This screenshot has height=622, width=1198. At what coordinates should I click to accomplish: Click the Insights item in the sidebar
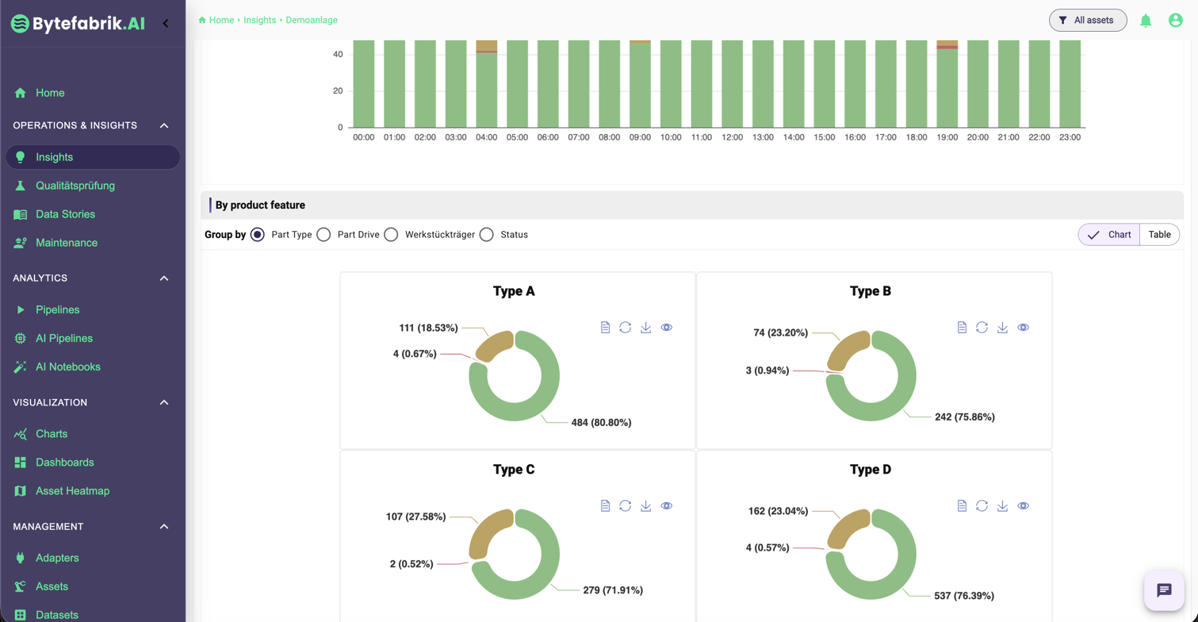click(54, 157)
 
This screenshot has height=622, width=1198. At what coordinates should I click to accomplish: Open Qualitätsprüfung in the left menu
click(75, 186)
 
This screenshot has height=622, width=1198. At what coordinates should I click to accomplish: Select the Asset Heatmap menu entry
click(72, 491)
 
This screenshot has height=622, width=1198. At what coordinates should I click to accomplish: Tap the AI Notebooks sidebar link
click(67, 367)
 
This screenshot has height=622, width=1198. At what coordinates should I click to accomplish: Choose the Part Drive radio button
click(323, 235)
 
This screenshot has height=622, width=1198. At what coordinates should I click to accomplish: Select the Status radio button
click(487, 235)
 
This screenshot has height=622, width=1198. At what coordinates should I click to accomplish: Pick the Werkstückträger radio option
click(391, 235)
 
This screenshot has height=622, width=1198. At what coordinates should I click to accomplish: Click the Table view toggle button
click(1159, 235)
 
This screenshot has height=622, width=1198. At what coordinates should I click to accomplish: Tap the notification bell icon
click(1146, 21)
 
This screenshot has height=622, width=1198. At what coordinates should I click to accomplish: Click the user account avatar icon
click(1176, 21)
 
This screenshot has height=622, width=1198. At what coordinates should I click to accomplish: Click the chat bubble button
click(1164, 590)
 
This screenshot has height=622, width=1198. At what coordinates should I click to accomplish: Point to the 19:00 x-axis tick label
click(947, 137)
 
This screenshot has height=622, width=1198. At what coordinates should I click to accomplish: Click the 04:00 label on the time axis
click(486, 137)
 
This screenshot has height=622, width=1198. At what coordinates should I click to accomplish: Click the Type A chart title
click(514, 291)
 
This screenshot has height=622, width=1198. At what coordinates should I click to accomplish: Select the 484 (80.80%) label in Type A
click(601, 423)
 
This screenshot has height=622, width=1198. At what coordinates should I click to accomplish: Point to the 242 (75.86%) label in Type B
click(964, 417)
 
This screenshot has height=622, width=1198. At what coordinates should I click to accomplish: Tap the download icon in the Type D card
click(1002, 506)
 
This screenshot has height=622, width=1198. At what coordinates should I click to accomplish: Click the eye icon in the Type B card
click(1023, 328)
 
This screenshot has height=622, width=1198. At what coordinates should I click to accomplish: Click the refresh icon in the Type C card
click(626, 506)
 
